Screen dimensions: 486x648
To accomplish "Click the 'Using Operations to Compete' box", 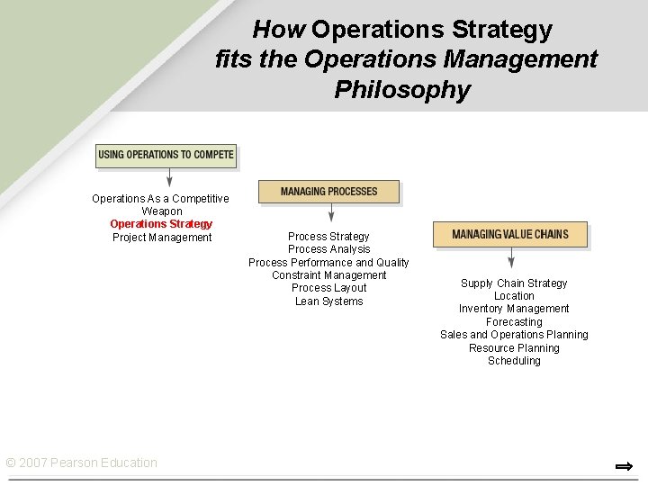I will pyautogui.click(x=166, y=155).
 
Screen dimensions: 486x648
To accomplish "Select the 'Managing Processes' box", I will pyautogui.click(x=328, y=192).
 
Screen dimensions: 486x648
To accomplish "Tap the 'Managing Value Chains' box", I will pyautogui.click(x=509, y=234).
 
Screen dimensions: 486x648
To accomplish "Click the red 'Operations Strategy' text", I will pyautogui.click(x=161, y=224).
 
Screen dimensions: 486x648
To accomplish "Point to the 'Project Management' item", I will pyautogui.click(x=162, y=238).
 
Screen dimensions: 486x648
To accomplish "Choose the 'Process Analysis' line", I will pyautogui.click(x=328, y=249).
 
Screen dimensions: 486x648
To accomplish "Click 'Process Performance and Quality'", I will pyautogui.click(x=328, y=263).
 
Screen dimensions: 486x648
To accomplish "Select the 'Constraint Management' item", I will pyautogui.click(x=328, y=275).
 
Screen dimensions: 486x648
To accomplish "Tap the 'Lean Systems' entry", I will pyautogui.click(x=328, y=301).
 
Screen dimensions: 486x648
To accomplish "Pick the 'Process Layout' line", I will pyautogui.click(x=328, y=288).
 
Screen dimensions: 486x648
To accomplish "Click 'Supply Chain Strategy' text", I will pyautogui.click(x=514, y=283).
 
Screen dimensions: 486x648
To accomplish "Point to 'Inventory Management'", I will pyautogui.click(x=514, y=309).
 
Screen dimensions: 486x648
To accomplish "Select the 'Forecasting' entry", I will pyautogui.click(x=514, y=322).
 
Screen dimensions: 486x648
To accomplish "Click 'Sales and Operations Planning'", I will pyautogui.click(x=514, y=335).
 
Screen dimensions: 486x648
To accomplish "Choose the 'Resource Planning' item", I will pyautogui.click(x=514, y=348).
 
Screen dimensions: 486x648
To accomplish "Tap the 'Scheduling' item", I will pyautogui.click(x=514, y=361).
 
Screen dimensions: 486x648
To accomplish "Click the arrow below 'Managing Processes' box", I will pyautogui.click(x=331, y=212).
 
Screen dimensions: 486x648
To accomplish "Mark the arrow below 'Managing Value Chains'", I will pyautogui.click(x=510, y=257).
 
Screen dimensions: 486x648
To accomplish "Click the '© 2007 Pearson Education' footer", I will pyautogui.click(x=81, y=463).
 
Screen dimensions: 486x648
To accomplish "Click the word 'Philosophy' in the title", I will pyautogui.click(x=402, y=90).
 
